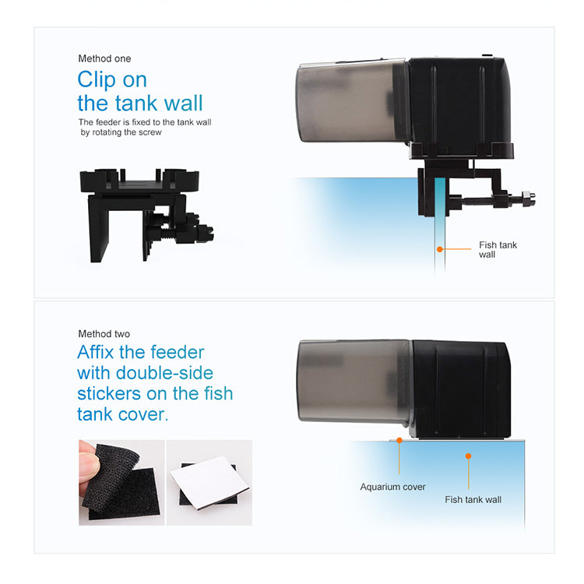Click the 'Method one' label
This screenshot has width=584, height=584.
click(104, 58)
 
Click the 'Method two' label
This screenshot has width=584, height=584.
click(104, 334)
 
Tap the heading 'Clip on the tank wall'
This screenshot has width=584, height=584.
click(140, 91)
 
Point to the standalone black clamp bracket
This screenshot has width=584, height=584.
click(146, 215)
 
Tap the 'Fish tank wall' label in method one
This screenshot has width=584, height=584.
click(498, 249)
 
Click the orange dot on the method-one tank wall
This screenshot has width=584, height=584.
click(440, 249)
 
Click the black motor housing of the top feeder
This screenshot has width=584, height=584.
click(461, 106)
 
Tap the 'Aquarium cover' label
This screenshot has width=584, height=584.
click(392, 487)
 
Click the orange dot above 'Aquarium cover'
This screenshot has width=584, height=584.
click(399, 441)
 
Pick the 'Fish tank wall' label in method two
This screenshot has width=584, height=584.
click(473, 499)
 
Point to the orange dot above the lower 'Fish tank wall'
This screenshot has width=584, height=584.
click(468, 456)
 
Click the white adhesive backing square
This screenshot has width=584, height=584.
click(209, 482)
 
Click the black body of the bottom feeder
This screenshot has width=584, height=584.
click(461, 389)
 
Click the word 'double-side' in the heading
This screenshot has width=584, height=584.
click(164, 373)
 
